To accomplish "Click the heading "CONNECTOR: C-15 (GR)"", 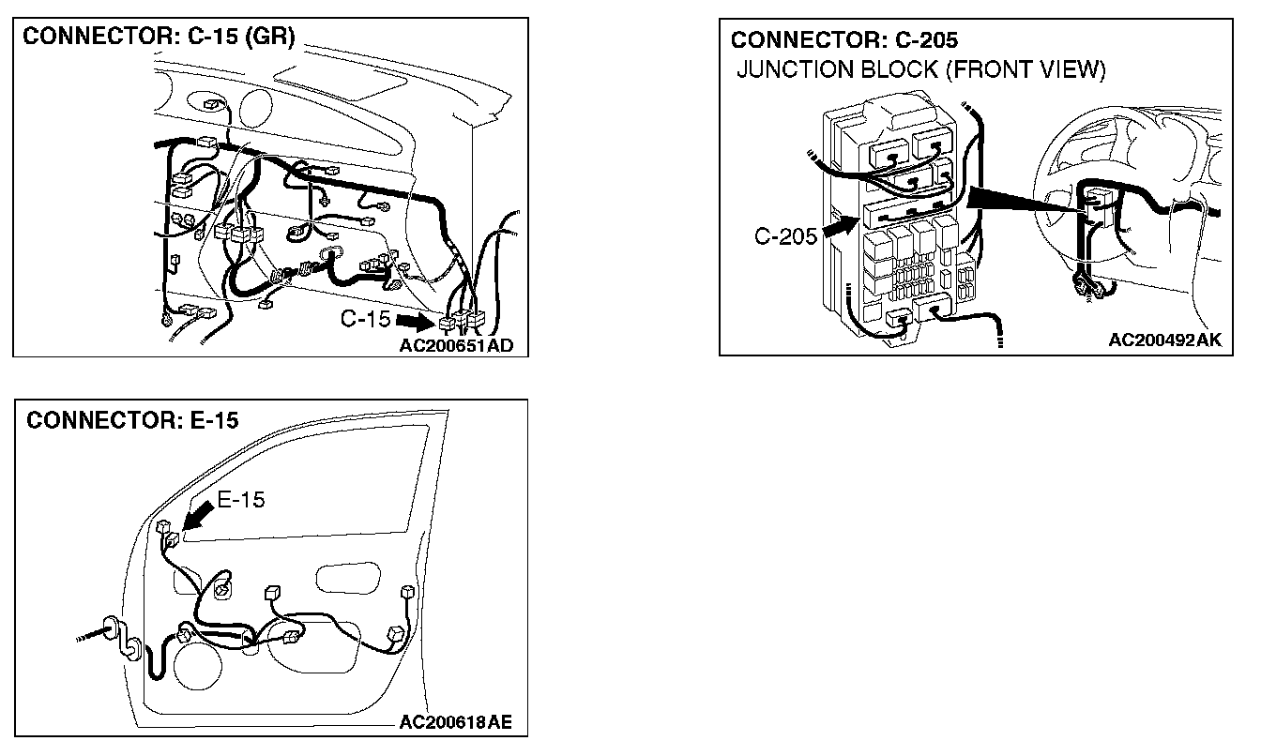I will click(159, 38).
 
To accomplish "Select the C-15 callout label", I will click(366, 320).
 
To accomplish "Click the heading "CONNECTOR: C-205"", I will click(844, 40).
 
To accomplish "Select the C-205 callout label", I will click(786, 236).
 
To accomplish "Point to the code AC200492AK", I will click(1164, 340).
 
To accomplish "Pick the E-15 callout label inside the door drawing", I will click(241, 500).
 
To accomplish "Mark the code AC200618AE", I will click(456, 722).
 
